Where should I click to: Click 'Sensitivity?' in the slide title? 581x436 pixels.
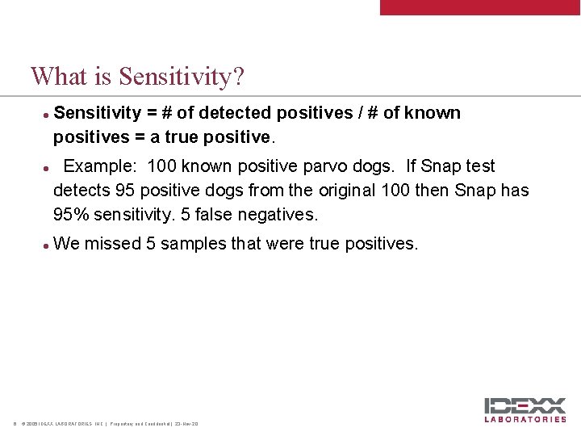182,78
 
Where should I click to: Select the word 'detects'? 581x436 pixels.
81,191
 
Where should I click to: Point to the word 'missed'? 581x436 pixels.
112,244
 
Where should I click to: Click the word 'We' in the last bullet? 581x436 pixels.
66,244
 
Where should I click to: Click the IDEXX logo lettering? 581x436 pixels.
525,406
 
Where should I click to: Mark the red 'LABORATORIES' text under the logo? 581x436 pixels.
525,419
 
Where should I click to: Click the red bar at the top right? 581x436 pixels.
480,7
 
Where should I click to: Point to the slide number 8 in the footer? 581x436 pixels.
15,424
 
